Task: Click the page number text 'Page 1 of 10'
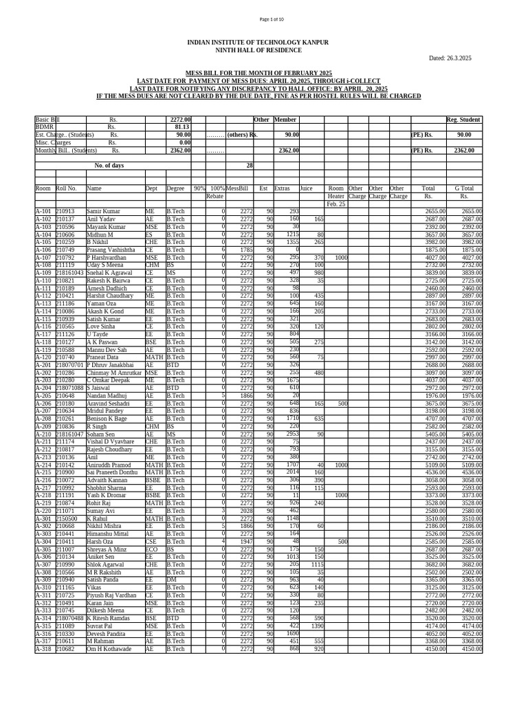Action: pyautogui.click(x=264, y=19)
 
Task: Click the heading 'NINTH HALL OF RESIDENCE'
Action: pyautogui.click(x=258, y=51)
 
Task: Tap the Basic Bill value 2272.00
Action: pyautogui.click(x=180, y=120)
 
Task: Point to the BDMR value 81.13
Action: pyautogui.click(x=181, y=127)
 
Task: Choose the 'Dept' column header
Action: pyautogui.click(x=151, y=188)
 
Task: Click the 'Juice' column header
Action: pyautogui.click(x=306, y=188)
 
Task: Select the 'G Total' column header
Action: pyautogui.click(x=464, y=188)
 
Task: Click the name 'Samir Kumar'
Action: pyautogui.click(x=103, y=211)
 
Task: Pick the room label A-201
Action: pyautogui.click(x=43, y=365)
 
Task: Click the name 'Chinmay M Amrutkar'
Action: pyautogui.click(x=113, y=373)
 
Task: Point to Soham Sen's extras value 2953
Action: pyautogui.click(x=292, y=434)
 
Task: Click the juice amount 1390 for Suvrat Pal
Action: pyautogui.click(x=317, y=626)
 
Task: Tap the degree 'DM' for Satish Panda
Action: pyautogui.click(x=171, y=580)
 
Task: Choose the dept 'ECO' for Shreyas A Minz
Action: pyautogui.click(x=151, y=549)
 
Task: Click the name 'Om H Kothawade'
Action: pyautogui.click(x=108, y=649)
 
